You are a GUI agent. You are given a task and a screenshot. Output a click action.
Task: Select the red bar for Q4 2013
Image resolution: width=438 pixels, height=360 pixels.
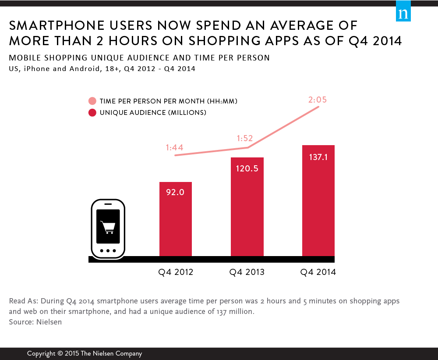coord(247,206)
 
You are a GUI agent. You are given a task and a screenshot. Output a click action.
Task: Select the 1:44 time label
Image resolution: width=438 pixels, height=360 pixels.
coord(174,148)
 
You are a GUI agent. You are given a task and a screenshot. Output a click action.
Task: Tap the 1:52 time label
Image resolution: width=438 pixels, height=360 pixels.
coord(245,138)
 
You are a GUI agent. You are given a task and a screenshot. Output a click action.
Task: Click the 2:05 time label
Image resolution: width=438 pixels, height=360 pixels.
coord(317,100)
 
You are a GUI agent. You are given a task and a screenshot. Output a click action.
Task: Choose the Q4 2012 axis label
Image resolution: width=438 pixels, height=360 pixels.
coord(176,272)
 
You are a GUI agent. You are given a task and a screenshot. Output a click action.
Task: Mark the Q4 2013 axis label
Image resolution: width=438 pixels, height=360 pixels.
coord(247,272)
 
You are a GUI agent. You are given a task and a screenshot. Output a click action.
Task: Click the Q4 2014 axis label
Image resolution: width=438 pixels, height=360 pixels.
coord(318,272)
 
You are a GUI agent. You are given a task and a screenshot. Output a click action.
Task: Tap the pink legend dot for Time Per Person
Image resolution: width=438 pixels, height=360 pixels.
coord(92,101)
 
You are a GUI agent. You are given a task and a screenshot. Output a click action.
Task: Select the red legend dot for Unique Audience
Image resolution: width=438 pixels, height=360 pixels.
coord(92,113)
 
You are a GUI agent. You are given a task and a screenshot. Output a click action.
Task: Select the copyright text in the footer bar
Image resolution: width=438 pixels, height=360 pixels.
coord(85,353)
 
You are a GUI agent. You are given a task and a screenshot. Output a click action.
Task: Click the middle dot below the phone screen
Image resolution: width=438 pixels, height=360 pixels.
coord(108,251)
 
